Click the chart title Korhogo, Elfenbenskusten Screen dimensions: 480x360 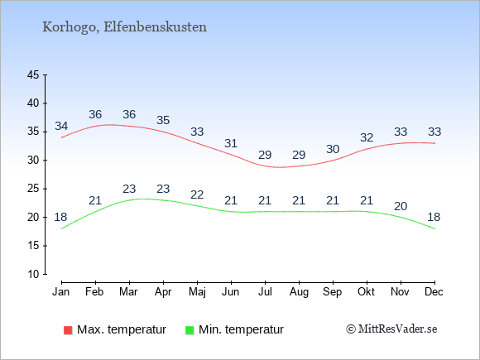125,27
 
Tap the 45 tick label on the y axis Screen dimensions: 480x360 33,74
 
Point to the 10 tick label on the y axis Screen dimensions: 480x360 33,274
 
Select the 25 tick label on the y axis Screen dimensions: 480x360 33,189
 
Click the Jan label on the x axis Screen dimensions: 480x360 61,292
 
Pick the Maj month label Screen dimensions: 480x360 197,292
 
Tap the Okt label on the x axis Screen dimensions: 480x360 366,292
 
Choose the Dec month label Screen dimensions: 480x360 434,292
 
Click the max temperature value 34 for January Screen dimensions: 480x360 61,126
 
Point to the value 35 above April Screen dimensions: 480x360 163,120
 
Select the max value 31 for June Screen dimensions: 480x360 231,143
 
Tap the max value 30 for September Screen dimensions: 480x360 333,149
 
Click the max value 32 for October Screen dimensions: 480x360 367,137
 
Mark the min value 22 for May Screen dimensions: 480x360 197,194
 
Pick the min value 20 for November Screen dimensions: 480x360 401,206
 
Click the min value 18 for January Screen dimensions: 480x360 60,217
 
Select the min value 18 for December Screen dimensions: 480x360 434,217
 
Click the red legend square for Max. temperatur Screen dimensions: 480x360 68,330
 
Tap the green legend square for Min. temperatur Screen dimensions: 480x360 190,330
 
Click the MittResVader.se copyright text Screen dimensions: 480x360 391,329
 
